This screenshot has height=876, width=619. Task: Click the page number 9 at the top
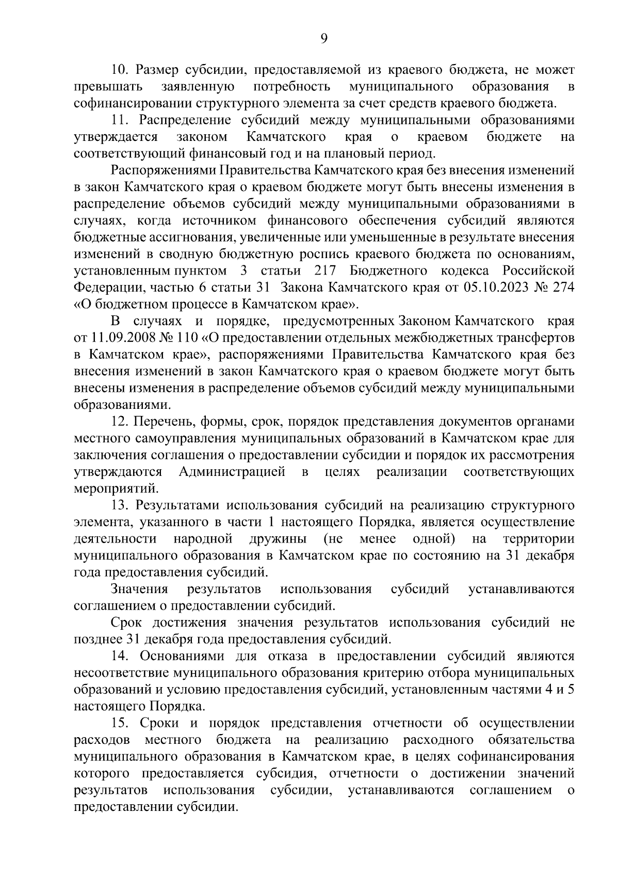point(324,38)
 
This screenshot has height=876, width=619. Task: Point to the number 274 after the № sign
point(563,288)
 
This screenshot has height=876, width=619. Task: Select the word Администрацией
point(232,472)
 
